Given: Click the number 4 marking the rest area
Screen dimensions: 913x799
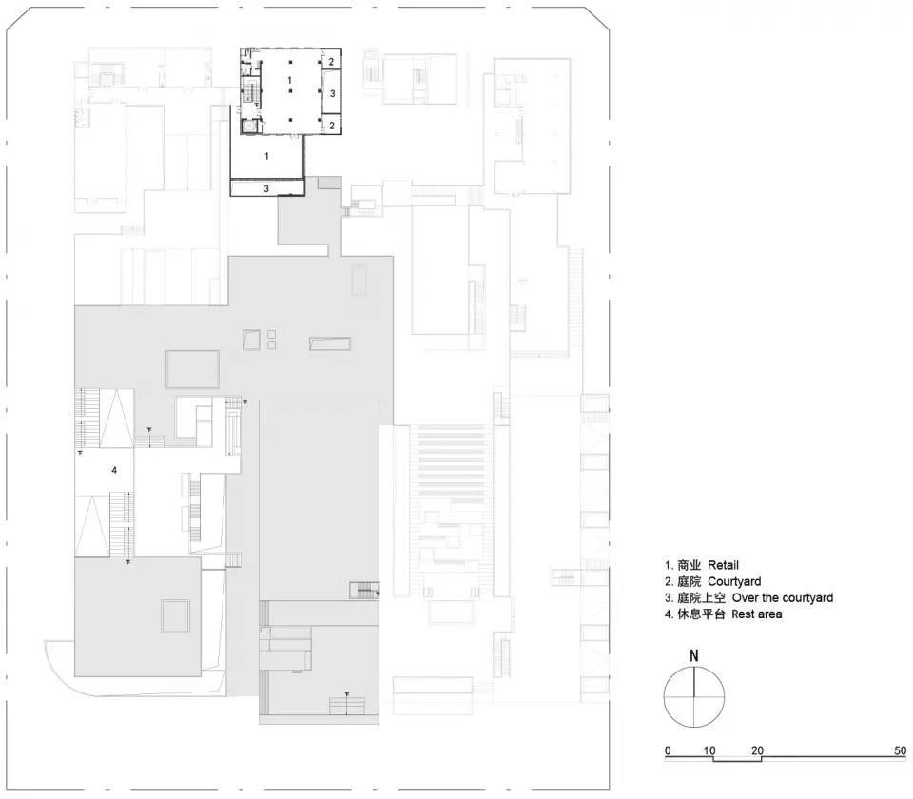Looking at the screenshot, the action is coord(114,469).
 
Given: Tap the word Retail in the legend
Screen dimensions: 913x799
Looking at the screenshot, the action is coord(723,565).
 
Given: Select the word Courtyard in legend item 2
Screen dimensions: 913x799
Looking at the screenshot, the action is coord(734,581).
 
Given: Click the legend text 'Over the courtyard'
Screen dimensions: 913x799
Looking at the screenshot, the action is coord(783,597).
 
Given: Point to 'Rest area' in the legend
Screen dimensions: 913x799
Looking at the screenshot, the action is coord(757,614).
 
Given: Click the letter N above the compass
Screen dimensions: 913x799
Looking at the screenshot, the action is coord(693,655).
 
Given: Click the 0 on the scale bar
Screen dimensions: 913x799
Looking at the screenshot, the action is coord(668,750).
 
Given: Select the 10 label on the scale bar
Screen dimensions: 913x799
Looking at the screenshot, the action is coord(709,750).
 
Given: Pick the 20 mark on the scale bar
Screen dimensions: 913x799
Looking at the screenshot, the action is coord(757,750).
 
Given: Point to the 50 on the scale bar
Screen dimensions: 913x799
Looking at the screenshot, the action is coord(901,750).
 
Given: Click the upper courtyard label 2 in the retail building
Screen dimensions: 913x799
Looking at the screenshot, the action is coord(331,61).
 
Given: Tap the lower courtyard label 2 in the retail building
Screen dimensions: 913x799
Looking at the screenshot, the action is coord(332,126).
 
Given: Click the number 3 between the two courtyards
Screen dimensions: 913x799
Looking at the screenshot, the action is coord(333,93).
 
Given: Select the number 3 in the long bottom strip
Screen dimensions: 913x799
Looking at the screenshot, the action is coord(266,188).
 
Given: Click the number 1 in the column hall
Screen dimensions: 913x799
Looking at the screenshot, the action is coord(289,80).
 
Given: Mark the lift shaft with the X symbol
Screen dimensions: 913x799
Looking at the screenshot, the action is coord(250,126).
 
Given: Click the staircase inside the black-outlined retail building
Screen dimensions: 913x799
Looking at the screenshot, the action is coord(251,92).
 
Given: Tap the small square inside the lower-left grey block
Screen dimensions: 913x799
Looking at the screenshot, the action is coord(175,616).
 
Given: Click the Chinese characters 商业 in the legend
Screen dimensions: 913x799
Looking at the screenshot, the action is coord(690,565).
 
